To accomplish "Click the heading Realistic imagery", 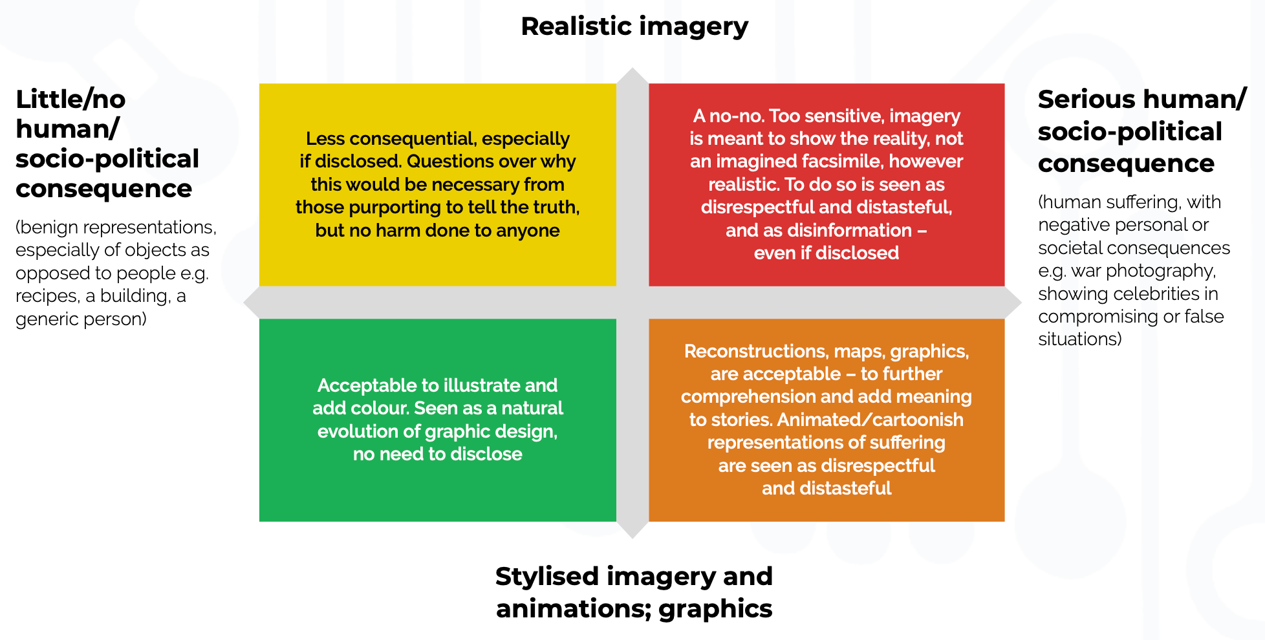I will click(x=634, y=27).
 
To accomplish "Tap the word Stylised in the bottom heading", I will click(x=546, y=577).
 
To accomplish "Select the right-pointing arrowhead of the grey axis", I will click(x=1013, y=303).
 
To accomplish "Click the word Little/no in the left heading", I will click(x=70, y=100).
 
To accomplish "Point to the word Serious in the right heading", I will click(x=1087, y=100).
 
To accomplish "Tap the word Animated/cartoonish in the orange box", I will click(x=870, y=420).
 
